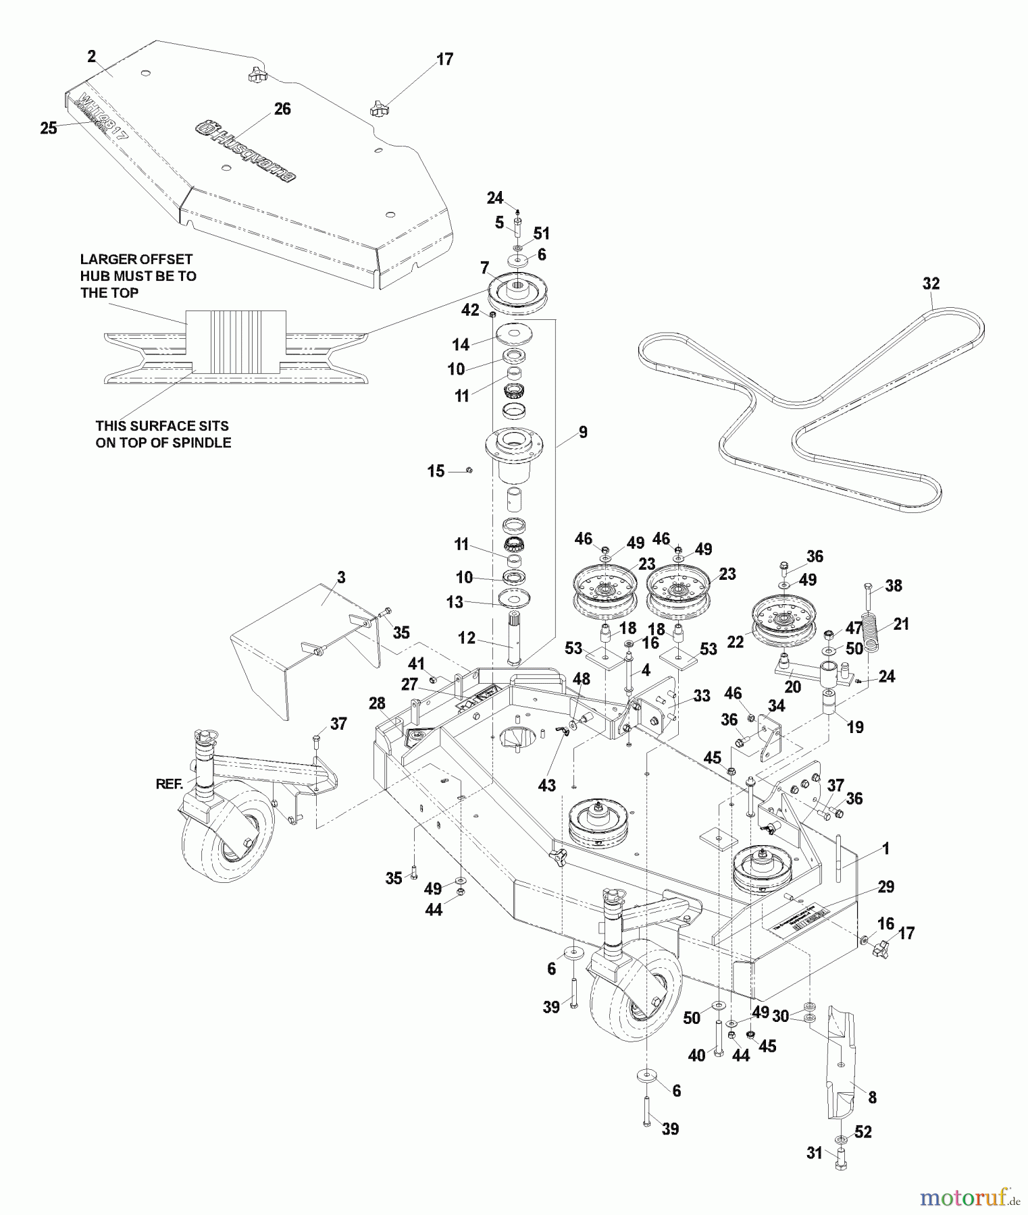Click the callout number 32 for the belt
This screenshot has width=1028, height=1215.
pos(931,283)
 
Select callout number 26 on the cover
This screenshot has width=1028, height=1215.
pos(282,109)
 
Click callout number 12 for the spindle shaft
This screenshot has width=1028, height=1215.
pos(467,638)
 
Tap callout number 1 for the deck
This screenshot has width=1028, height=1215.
pos(886,848)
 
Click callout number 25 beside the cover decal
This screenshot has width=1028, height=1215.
pos(49,128)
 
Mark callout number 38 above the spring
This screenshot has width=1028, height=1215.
pos(893,585)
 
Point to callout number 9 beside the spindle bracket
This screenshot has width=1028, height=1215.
pos(582,432)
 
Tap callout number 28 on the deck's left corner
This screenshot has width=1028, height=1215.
pos(377,704)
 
